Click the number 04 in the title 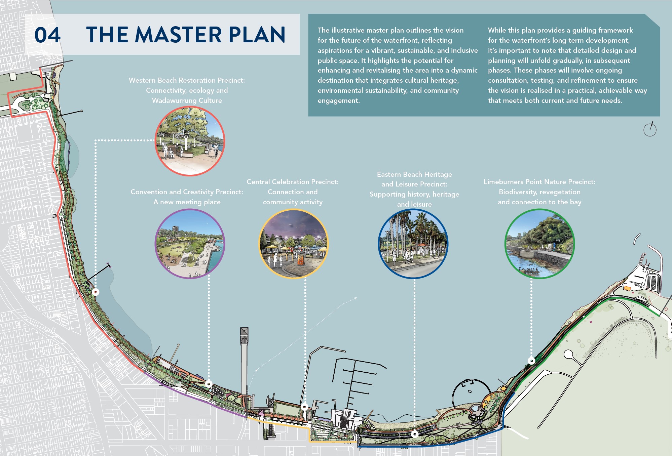click(47, 35)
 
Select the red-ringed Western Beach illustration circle click(190, 141)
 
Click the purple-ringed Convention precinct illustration click(190, 244)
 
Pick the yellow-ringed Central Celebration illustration click(293, 244)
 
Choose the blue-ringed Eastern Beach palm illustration click(413, 244)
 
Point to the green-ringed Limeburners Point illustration click(539, 244)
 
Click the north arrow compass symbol click(650, 129)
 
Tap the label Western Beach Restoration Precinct click(187, 81)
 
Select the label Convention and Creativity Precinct click(187, 192)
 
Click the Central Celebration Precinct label click(293, 182)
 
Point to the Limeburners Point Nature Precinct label click(539, 182)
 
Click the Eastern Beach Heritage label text click(414, 174)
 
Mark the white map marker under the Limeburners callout click(531, 361)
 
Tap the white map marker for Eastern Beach click(415, 434)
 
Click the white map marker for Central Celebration click(305, 407)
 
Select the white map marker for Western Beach click(96, 292)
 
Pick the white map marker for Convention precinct click(209, 384)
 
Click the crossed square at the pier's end click(244, 332)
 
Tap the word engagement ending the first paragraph click(338, 100)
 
